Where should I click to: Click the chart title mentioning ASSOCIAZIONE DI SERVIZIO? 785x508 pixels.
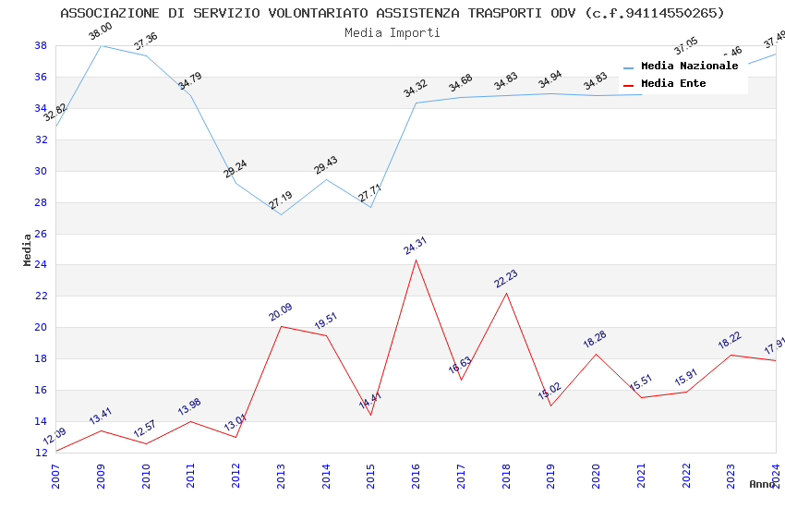(392, 13)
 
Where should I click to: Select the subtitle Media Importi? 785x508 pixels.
(392, 32)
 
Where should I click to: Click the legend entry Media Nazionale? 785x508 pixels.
(689, 67)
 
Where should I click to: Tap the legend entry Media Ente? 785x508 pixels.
(673, 84)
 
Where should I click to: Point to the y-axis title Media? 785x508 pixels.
(27, 249)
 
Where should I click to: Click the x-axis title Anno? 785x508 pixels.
(762, 484)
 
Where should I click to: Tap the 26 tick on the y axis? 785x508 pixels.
(41, 234)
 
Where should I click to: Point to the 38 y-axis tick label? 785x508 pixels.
(41, 45)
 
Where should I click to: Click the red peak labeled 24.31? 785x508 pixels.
(417, 260)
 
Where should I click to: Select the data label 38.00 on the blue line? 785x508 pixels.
(100, 33)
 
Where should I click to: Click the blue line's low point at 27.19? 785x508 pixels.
(281, 214)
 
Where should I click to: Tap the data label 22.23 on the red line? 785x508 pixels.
(505, 280)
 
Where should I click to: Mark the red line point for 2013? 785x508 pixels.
(281, 326)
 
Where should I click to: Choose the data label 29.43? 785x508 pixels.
(325, 165)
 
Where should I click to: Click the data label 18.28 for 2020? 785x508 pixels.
(595, 340)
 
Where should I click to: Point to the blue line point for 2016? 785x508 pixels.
(417, 103)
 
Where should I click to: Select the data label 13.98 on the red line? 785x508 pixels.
(189, 407)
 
